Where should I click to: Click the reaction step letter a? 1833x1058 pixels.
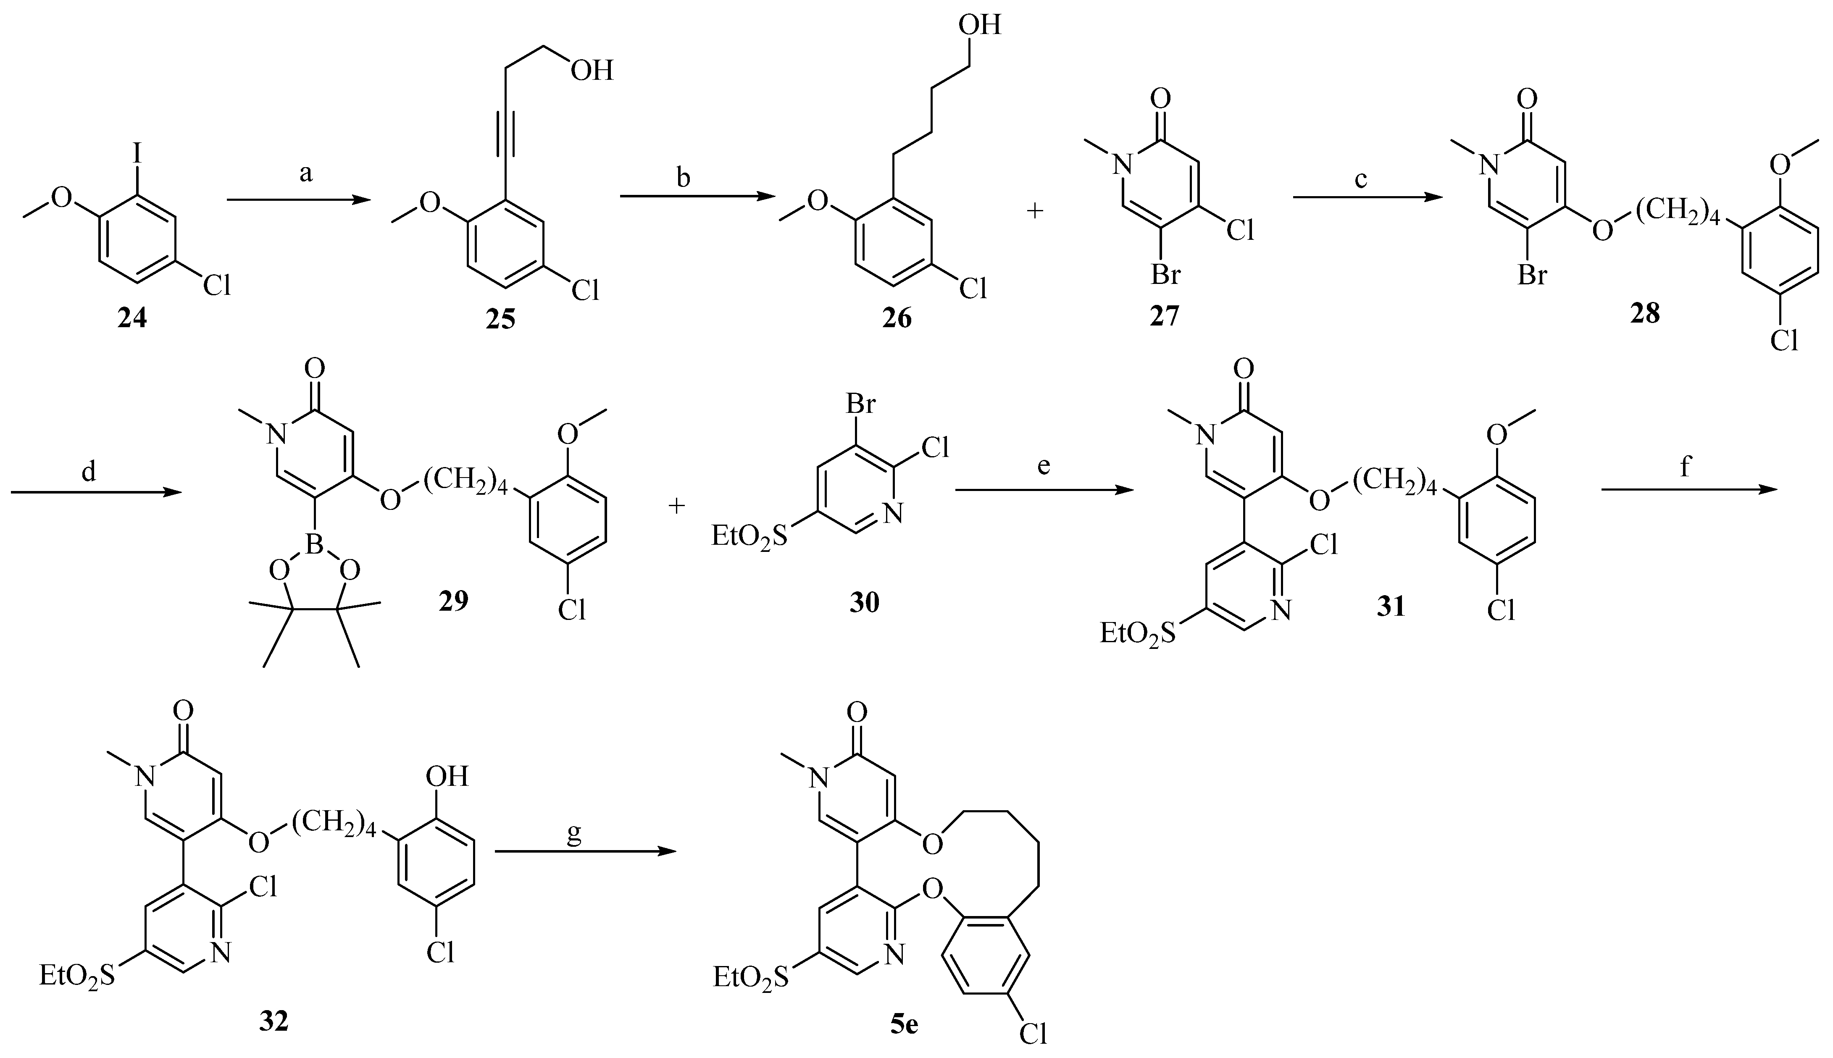[306, 174]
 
